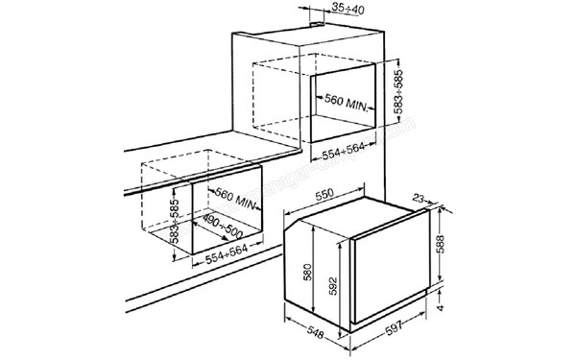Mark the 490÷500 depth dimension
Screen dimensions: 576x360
pyautogui.click(x=223, y=229)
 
